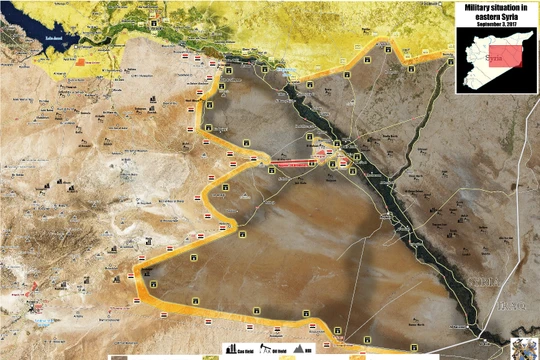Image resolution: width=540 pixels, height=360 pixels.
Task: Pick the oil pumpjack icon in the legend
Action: [267, 351]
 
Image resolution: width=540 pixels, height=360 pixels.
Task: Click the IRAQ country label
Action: [515, 301]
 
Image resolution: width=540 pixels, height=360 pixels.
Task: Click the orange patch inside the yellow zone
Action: [81, 61]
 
